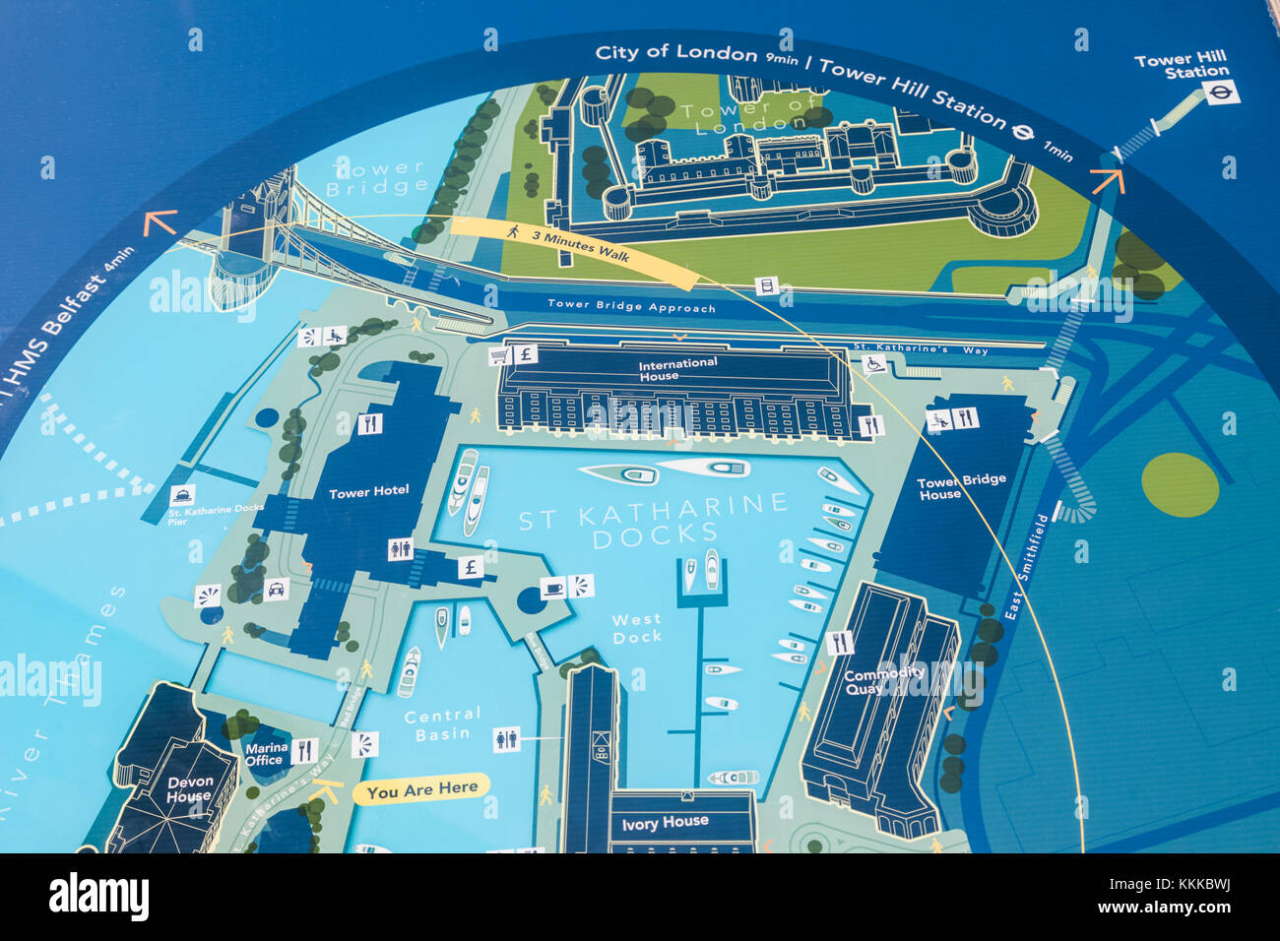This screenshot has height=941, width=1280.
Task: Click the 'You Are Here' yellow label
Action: [421, 789]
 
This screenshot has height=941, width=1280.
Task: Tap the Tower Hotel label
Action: [368, 491]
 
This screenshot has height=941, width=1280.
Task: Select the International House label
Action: [677, 369]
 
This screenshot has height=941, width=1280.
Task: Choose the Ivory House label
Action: [665, 822]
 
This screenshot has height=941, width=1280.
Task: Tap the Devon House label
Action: [189, 789]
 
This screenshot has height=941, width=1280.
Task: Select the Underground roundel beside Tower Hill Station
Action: [1221, 93]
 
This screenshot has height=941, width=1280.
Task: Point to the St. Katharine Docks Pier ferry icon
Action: [182, 495]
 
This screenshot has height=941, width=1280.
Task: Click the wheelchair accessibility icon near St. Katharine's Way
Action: [872, 364]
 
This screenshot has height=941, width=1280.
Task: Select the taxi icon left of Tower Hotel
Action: [276, 589]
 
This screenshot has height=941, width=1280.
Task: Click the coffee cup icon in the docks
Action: [553, 588]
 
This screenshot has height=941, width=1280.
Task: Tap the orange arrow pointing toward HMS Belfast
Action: [160, 223]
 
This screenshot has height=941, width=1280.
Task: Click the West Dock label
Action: [637, 628]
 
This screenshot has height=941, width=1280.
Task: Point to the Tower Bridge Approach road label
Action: [631, 307]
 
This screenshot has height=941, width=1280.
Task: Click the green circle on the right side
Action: [1180, 484]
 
